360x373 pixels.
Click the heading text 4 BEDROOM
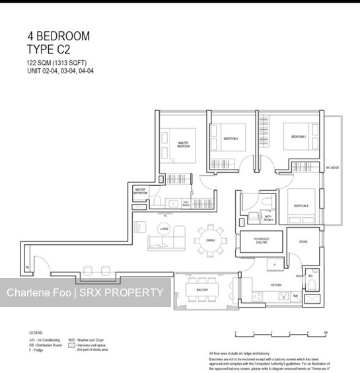[58, 36]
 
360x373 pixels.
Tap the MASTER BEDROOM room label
[184, 144]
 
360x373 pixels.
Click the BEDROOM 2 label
[231, 139]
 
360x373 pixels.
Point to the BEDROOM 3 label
[299, 137]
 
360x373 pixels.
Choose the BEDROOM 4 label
[302, 206]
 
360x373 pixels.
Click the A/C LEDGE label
[332, 168]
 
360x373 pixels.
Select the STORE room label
[304, 242]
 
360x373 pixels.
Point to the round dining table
[210, 241]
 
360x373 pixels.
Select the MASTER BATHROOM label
[140, 191]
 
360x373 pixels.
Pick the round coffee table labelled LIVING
[163, 229]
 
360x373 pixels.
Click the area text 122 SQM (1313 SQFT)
[57, 63]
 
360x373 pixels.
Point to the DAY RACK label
[186, 205]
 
